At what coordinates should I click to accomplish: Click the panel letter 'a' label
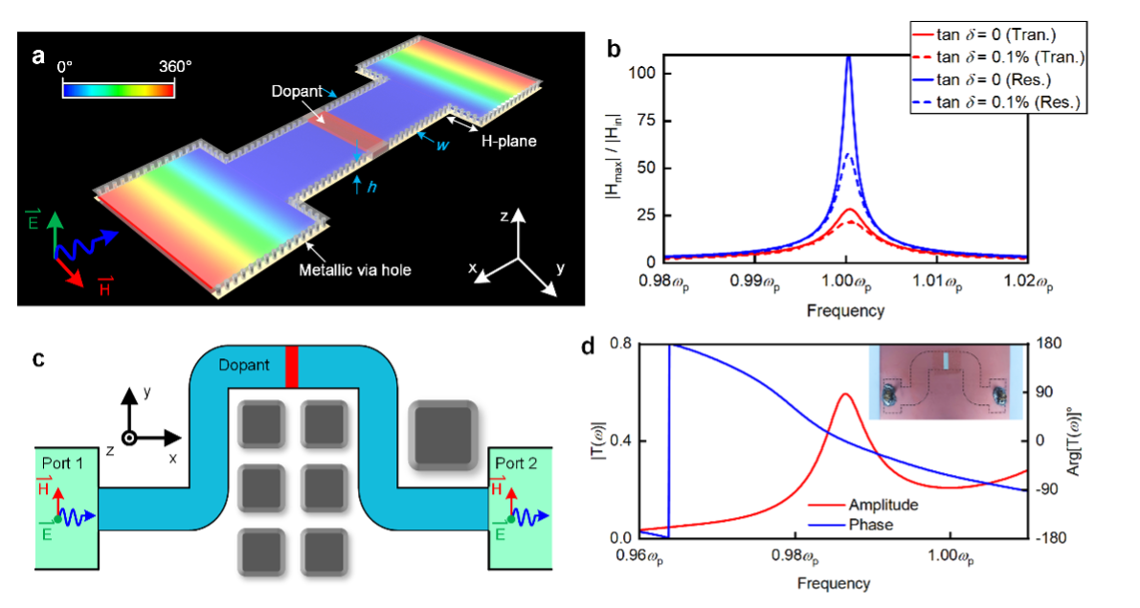(x=38, y=56)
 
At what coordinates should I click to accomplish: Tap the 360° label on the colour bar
(x=174, y=67)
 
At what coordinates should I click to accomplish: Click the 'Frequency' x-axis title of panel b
(x=845, y=309)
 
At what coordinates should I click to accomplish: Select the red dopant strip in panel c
(x=292, y=367)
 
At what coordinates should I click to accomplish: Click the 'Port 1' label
(x=64, y=462)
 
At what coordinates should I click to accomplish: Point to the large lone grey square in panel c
(x=443, y=435)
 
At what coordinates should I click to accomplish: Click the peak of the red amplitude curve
(x=844, y=394)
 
